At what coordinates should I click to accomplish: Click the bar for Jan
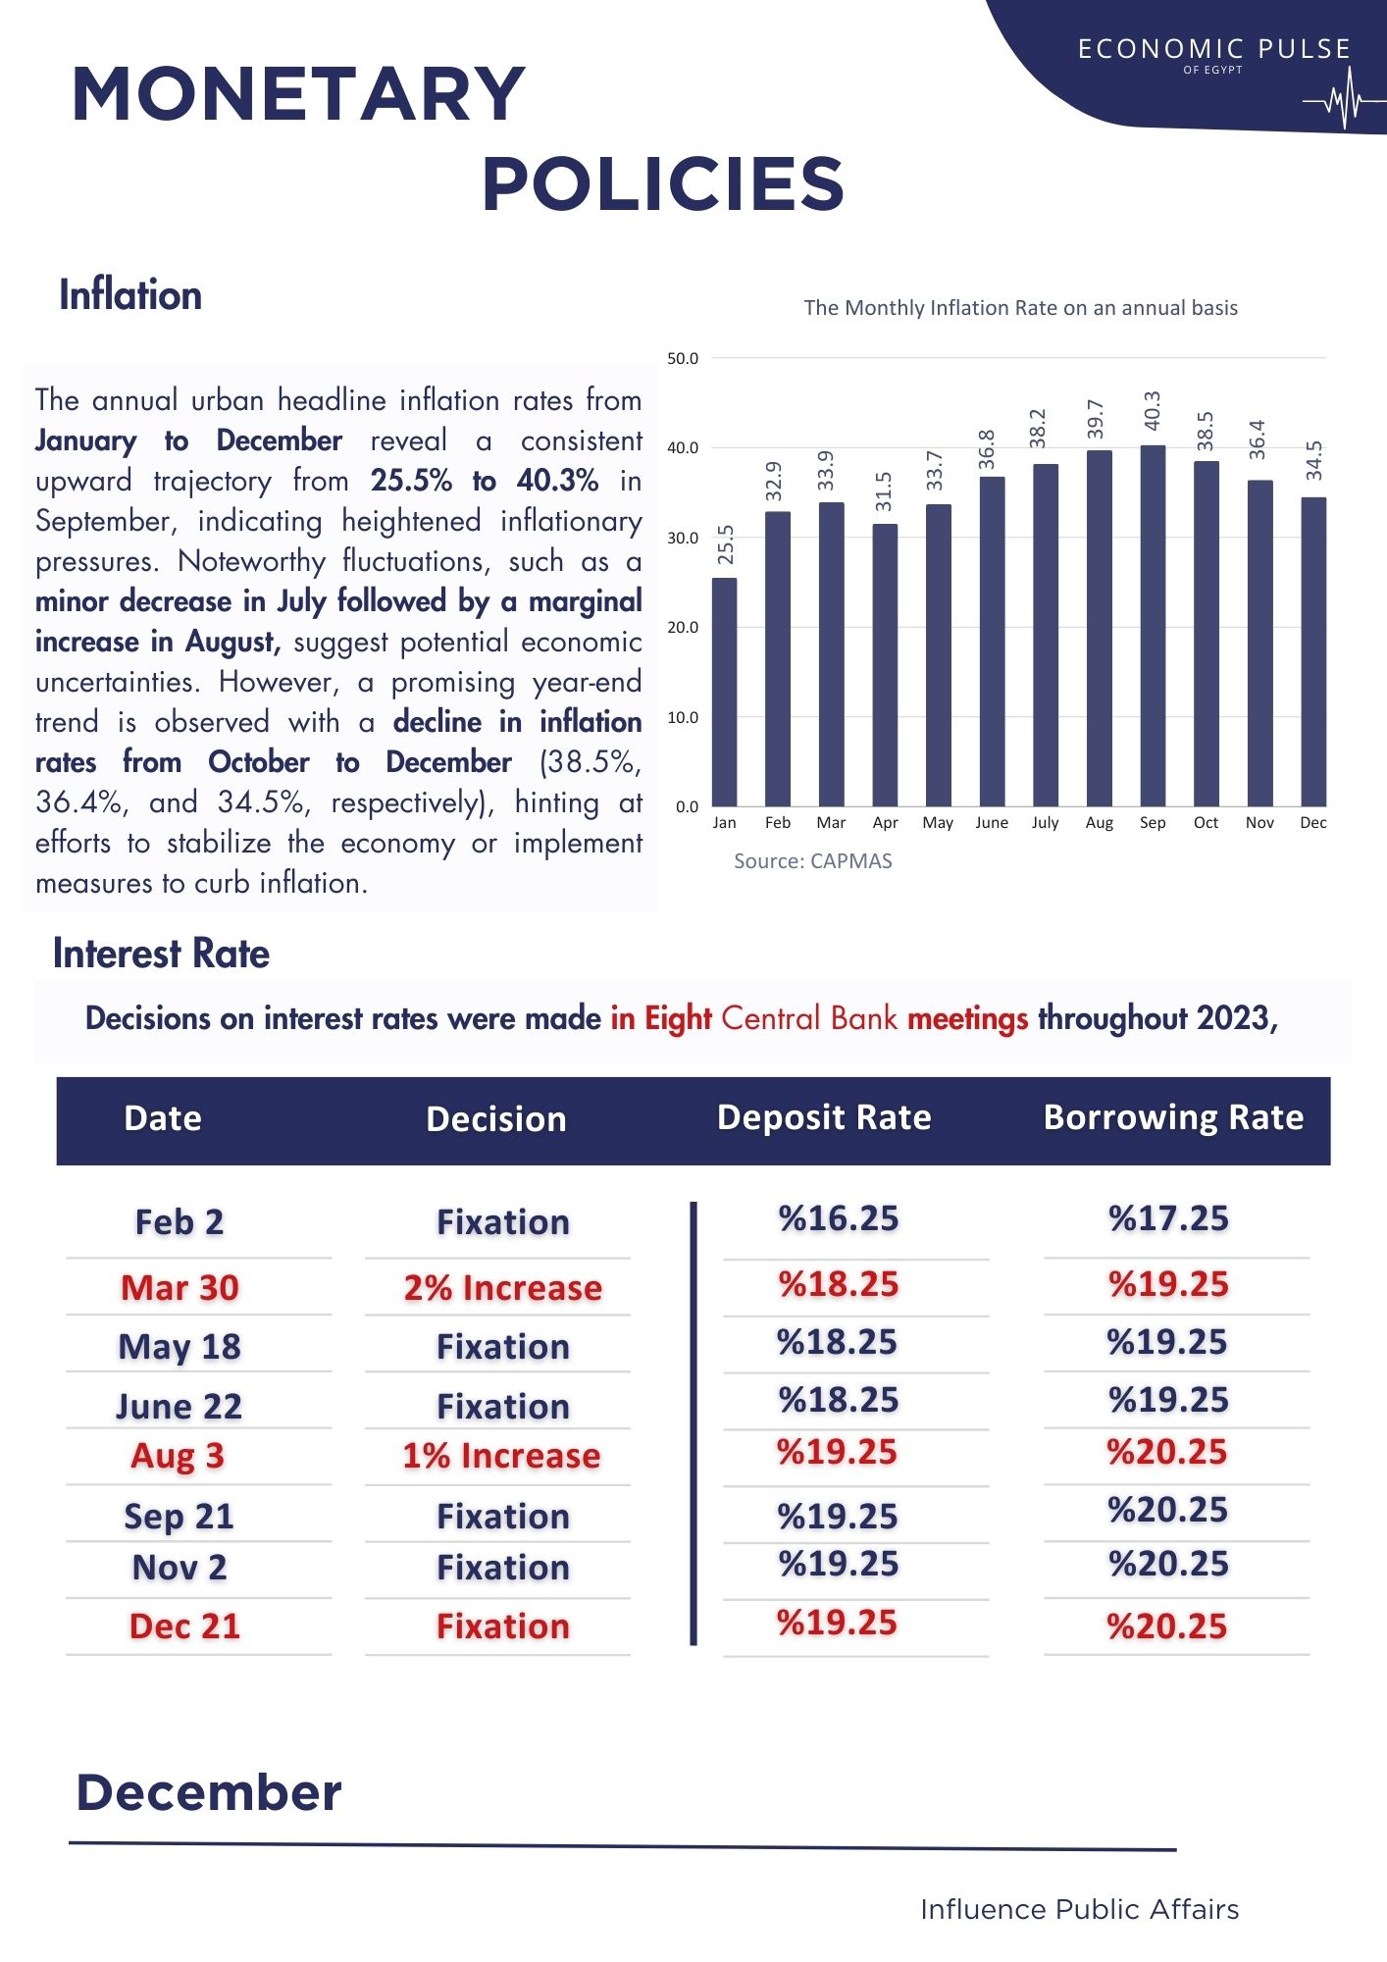pyautogui.click(x=724, y=692)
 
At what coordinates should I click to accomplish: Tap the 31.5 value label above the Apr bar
pyautogui.click(x=884, y=490)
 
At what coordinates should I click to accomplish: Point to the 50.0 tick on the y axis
pyautogui.click(x=683, y=359)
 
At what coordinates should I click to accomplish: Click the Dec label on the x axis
pyautogui.click(x=1312, y=822)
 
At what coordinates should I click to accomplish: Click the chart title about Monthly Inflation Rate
pyautogui.click(x=1020, y=308)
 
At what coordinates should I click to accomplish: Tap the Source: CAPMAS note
pyautogui.click(x=812, y=861)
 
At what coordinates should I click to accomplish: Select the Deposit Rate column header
pyautogui.click(x=824, y=1118)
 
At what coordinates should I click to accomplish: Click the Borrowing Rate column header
pyautogui.click(x=1173, y=1118)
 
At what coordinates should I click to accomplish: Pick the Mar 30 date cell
pyautogui.click(x=180, y=1288)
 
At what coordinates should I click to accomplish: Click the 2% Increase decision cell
pyautogui.click(x=502, y=1288)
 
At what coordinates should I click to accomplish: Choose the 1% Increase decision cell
pyautogui.click(x=501, y=1456)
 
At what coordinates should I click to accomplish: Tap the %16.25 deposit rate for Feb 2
pyautogui.click(x=839, y=1218)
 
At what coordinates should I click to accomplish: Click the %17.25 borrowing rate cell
pyautogui.click(x=1168, y=1218)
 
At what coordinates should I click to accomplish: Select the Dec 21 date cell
pyautogui.click(x=184, y=1626)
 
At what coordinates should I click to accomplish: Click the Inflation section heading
pyautogui.click(x=130, y=295)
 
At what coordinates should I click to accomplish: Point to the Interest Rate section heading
pyautogui.click(x=161, y=954)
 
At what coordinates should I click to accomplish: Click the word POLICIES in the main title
pyautogui.click(x=663, y=184)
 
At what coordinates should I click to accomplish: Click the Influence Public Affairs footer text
pyautogui.click(x=1079, y=1909)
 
